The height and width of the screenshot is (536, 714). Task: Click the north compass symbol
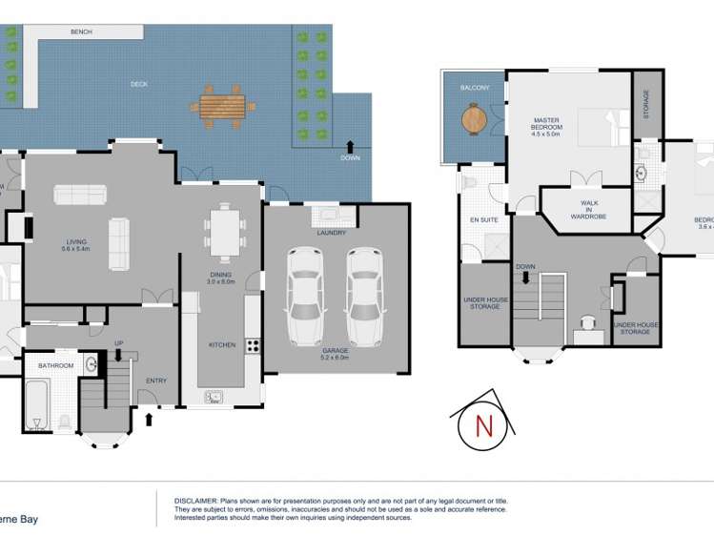[x=483, y=425]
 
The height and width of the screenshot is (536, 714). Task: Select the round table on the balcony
[x=474, y=118]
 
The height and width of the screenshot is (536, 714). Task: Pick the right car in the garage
[x=364, y=297]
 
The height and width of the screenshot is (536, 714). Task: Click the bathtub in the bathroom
[x=36, y=407]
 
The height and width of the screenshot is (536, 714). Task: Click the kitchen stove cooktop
[x=253, y=345]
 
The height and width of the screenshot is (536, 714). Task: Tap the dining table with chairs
[x=225, y=233]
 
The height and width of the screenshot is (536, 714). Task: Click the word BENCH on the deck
[x=81, y=32]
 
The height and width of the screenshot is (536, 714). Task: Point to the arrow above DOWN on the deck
[x=350, y=144]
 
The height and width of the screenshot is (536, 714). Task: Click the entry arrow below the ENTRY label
[x=148, y=417]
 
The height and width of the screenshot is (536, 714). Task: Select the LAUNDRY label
[x=332, y=233]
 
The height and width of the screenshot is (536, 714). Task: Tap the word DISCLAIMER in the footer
[x=196, y=501]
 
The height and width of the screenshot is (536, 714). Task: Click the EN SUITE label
[x=483, y=220]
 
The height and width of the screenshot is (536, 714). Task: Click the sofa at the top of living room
[x=80, y=195]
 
